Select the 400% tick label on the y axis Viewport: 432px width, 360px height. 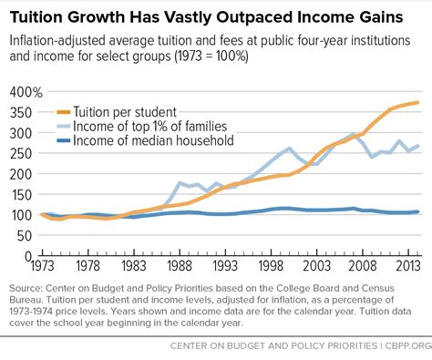tap(24, 93)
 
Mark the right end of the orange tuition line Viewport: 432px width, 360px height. tap(418, 102)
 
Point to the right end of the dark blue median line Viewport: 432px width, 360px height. tap(418, 211)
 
